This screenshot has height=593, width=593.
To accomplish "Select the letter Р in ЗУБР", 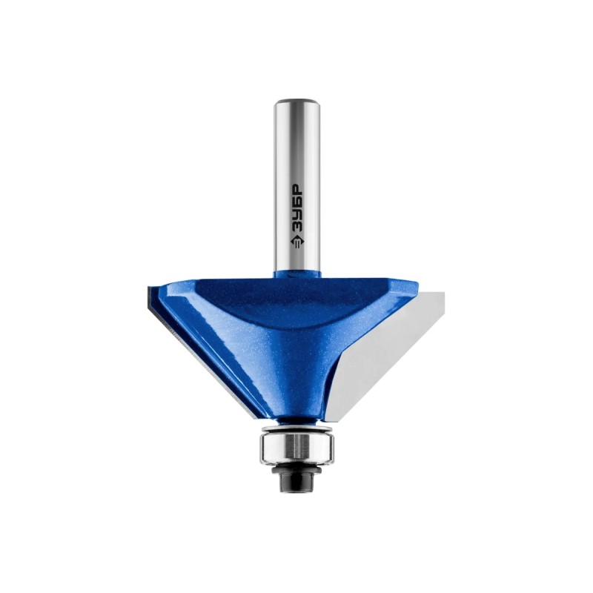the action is [297, 189].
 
